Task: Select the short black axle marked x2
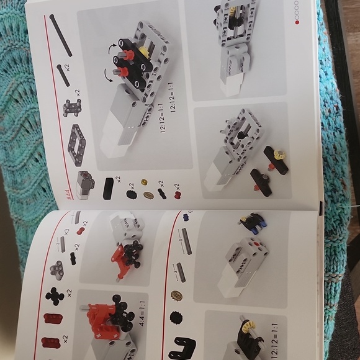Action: click(63, 74)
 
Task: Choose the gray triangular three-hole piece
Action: click(56, 269)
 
